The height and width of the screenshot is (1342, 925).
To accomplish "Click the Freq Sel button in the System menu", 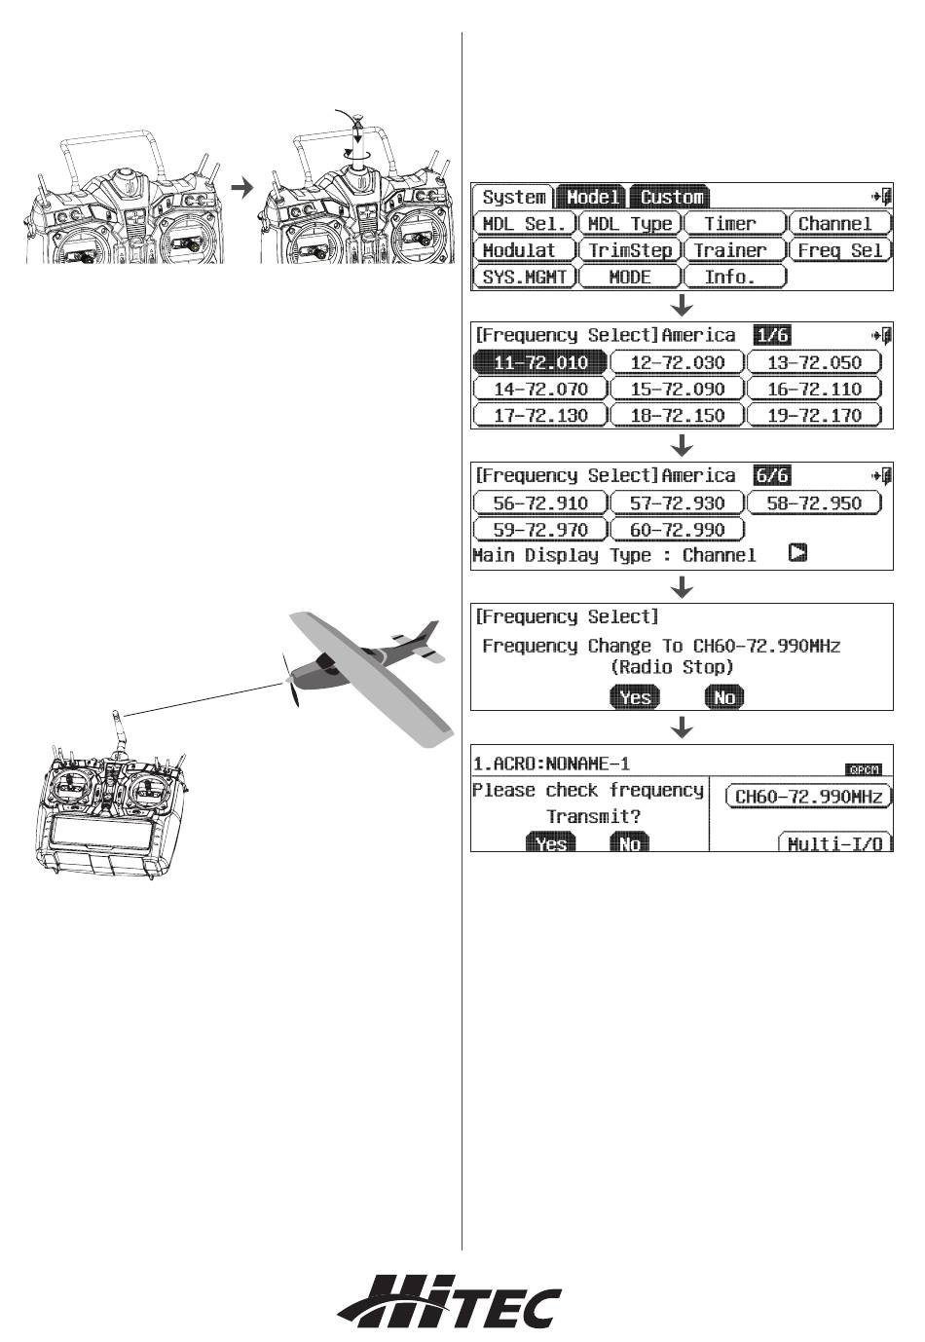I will coord(839,250).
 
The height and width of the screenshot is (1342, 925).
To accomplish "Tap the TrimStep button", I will coord(629,250).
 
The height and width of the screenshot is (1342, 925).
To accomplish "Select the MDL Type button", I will coord(629,224).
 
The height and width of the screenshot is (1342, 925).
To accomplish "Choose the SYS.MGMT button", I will coord(524,277).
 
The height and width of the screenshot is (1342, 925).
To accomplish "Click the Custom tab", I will coord(671,197).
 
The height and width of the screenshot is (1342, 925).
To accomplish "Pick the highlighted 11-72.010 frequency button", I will coord(540,363).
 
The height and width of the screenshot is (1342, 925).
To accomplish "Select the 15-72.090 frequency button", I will coord(677,390).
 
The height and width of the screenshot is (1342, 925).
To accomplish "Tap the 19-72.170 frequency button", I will coord(814,416).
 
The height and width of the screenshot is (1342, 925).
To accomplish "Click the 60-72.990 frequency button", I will coord(677,530).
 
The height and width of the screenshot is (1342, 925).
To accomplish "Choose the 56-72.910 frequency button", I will coord(540,503).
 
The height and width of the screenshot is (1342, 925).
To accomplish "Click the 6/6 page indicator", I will coord(771,475).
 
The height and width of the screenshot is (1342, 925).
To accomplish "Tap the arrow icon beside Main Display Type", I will coord(798,554).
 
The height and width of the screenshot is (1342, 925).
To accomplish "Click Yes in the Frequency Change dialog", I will coord(635,696).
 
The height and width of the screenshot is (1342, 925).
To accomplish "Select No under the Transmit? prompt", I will coord(629,843).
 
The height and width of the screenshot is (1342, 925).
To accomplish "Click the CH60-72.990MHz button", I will coord(808,797).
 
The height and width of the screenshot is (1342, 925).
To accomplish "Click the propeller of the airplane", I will coord(288,681).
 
